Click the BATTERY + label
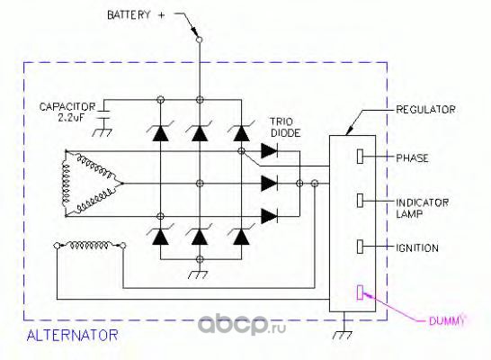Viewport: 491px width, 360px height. tap(136, 15)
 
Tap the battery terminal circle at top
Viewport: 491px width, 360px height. tap(199, 40)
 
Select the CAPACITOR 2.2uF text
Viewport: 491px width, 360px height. tap(67, 112)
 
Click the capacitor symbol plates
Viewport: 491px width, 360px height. tap(103, 114)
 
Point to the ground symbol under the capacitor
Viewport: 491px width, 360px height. tap(103, 133)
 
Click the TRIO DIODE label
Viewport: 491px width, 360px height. tap(285, 127)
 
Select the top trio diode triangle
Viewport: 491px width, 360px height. tap(269, 150)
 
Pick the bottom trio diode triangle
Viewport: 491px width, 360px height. tap(269, 216)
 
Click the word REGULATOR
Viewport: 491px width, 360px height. tap(425, 110)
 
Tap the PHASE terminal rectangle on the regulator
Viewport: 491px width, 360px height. tap(360, 157)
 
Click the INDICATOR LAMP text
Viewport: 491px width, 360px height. tap(422, 208)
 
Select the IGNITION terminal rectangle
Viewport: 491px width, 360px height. tap(360, 247)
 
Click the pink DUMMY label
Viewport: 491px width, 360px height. tap(447, 320)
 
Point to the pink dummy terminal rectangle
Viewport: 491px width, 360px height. tap(360, 292)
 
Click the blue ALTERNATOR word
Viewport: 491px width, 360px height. tap(72, 335)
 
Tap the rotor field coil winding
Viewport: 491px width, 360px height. tap(90, 245)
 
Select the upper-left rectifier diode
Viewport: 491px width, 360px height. tap(160, 133)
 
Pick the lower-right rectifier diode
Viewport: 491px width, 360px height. tap(241, 237)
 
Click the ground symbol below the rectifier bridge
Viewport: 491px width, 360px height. tap(198, 274)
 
